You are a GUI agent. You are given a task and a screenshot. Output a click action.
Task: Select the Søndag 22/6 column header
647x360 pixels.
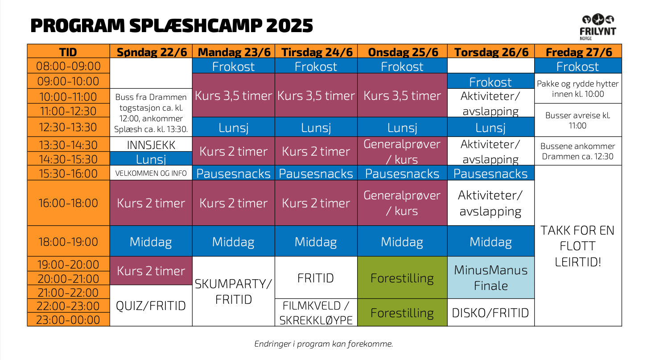point(151,51)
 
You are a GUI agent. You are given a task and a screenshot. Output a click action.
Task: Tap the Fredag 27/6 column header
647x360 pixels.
point(578,51)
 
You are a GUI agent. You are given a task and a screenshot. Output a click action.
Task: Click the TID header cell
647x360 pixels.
point(69,51)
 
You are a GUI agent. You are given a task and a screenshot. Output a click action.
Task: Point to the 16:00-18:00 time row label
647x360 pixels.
point(69,203)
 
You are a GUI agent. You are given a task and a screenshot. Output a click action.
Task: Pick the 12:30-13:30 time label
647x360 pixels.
point(69,127)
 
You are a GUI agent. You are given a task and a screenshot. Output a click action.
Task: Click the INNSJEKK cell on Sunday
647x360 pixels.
point(151,144)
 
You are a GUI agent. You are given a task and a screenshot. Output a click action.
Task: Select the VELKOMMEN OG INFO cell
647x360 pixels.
point(151,173)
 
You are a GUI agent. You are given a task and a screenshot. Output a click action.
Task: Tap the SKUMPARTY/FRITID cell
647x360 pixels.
point(233,291)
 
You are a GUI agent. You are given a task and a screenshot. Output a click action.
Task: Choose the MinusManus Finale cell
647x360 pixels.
point(491,277)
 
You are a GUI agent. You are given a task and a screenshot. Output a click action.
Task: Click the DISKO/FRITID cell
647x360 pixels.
point(491,313)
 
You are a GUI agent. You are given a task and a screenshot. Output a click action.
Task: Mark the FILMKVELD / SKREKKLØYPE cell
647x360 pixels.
point(316,313)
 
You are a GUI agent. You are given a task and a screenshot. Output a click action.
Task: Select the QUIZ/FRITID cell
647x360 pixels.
point(151,306)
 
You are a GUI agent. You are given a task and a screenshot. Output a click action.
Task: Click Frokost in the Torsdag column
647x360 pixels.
point(491,81)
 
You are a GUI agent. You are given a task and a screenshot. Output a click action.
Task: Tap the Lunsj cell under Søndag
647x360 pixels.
point(151,159)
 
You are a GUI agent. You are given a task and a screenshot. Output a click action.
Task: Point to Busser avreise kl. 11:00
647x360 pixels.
point(578,120)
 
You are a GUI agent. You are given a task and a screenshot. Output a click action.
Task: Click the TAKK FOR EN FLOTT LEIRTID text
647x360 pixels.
point(578,246)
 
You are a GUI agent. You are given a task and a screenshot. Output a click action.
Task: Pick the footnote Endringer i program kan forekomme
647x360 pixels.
point(324,343)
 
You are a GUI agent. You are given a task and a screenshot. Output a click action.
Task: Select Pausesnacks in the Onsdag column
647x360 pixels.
point(402,173)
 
